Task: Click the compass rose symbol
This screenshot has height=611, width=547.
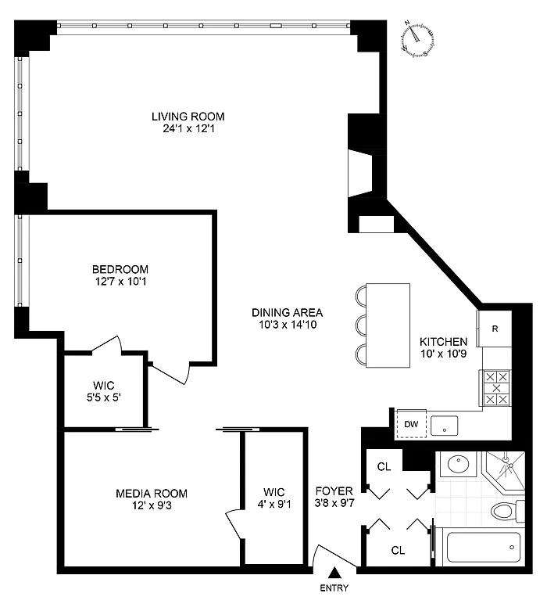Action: coord(417,40)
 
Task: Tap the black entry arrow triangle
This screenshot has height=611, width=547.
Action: coord(334,573)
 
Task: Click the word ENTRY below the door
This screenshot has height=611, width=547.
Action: coord(334,588)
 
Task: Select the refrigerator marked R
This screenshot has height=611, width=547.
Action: coord(495,329)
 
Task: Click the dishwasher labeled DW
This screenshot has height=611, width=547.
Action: coord(411,424)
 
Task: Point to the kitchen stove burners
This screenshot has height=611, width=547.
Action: coord(496,388)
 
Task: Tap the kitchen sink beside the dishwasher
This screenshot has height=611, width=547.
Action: coord(444,426)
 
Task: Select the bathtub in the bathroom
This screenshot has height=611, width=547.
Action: coord(484,547)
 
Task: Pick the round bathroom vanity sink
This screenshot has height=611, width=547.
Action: coord(458,464)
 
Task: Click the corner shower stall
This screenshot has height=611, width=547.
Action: coord(504,469)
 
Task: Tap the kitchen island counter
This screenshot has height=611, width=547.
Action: coord(388,325)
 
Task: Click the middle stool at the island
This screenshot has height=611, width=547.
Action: coord(361,324)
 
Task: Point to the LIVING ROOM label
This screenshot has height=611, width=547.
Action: coord(188,117)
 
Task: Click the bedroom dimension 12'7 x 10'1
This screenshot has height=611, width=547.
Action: coord(120,282)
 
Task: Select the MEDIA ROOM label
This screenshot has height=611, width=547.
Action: coord(152,494)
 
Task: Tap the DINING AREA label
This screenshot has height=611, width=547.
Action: coord(288,312)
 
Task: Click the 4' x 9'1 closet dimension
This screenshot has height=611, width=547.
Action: coord(274,505)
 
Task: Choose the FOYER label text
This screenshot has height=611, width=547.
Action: coord(334,491)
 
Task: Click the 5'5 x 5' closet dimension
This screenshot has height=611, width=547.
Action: coord(104,398)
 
